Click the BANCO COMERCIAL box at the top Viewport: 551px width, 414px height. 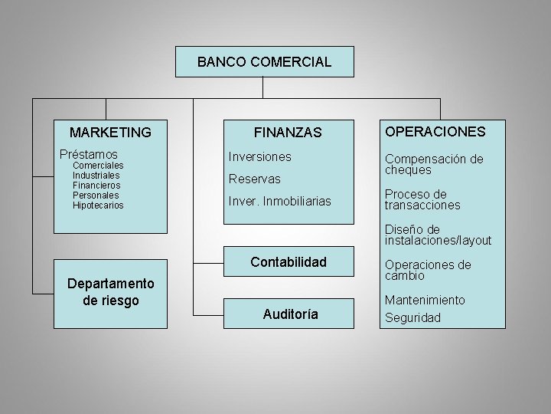click(264, 62)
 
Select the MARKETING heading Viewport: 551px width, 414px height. click(110, 133)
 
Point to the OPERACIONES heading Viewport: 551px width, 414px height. click(435, 131)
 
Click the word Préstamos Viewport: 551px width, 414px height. click(89, 154)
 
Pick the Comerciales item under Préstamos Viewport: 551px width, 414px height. click(98, 165)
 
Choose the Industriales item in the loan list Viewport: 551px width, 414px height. click(96, 175)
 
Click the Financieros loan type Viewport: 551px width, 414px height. click(96, 185)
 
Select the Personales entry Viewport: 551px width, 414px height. click(96, 195)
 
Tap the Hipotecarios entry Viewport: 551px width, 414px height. click(98, 205)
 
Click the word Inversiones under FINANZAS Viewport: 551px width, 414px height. click(260, 156)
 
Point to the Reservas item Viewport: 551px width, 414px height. click(255, 179)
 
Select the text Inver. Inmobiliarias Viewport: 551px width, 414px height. click(280, 201)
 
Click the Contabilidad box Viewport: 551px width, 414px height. click(288, 262)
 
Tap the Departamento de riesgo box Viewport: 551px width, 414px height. click(110, 292)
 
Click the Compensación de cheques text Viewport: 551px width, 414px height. click(433, 164)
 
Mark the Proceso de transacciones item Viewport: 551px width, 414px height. click(422, 199)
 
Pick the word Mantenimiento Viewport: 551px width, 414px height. click(425, 301)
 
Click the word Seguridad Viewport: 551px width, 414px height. click(412, 317)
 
